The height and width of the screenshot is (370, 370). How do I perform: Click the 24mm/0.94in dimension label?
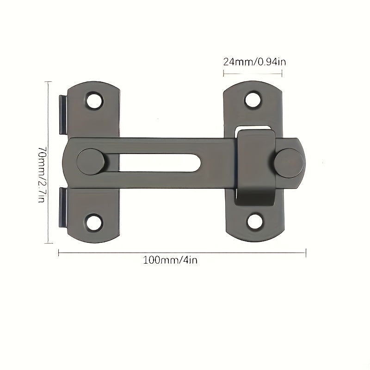(x=255, y=62)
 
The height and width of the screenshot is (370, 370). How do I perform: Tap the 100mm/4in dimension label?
(x=170, y=260)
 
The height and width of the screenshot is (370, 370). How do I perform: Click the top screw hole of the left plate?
(x=94, y=100)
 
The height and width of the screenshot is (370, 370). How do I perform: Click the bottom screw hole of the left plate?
(x=94, y=222)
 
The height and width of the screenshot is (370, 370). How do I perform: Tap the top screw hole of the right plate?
(x=253, y=99)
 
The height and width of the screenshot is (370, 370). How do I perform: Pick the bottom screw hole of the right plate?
(x=255, y=221)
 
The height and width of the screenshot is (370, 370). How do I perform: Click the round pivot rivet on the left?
(x=91, y=162)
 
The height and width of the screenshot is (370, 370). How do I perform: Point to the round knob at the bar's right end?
(x=289, y=163)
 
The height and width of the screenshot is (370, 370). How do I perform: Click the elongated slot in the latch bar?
(x=160, y=163)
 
